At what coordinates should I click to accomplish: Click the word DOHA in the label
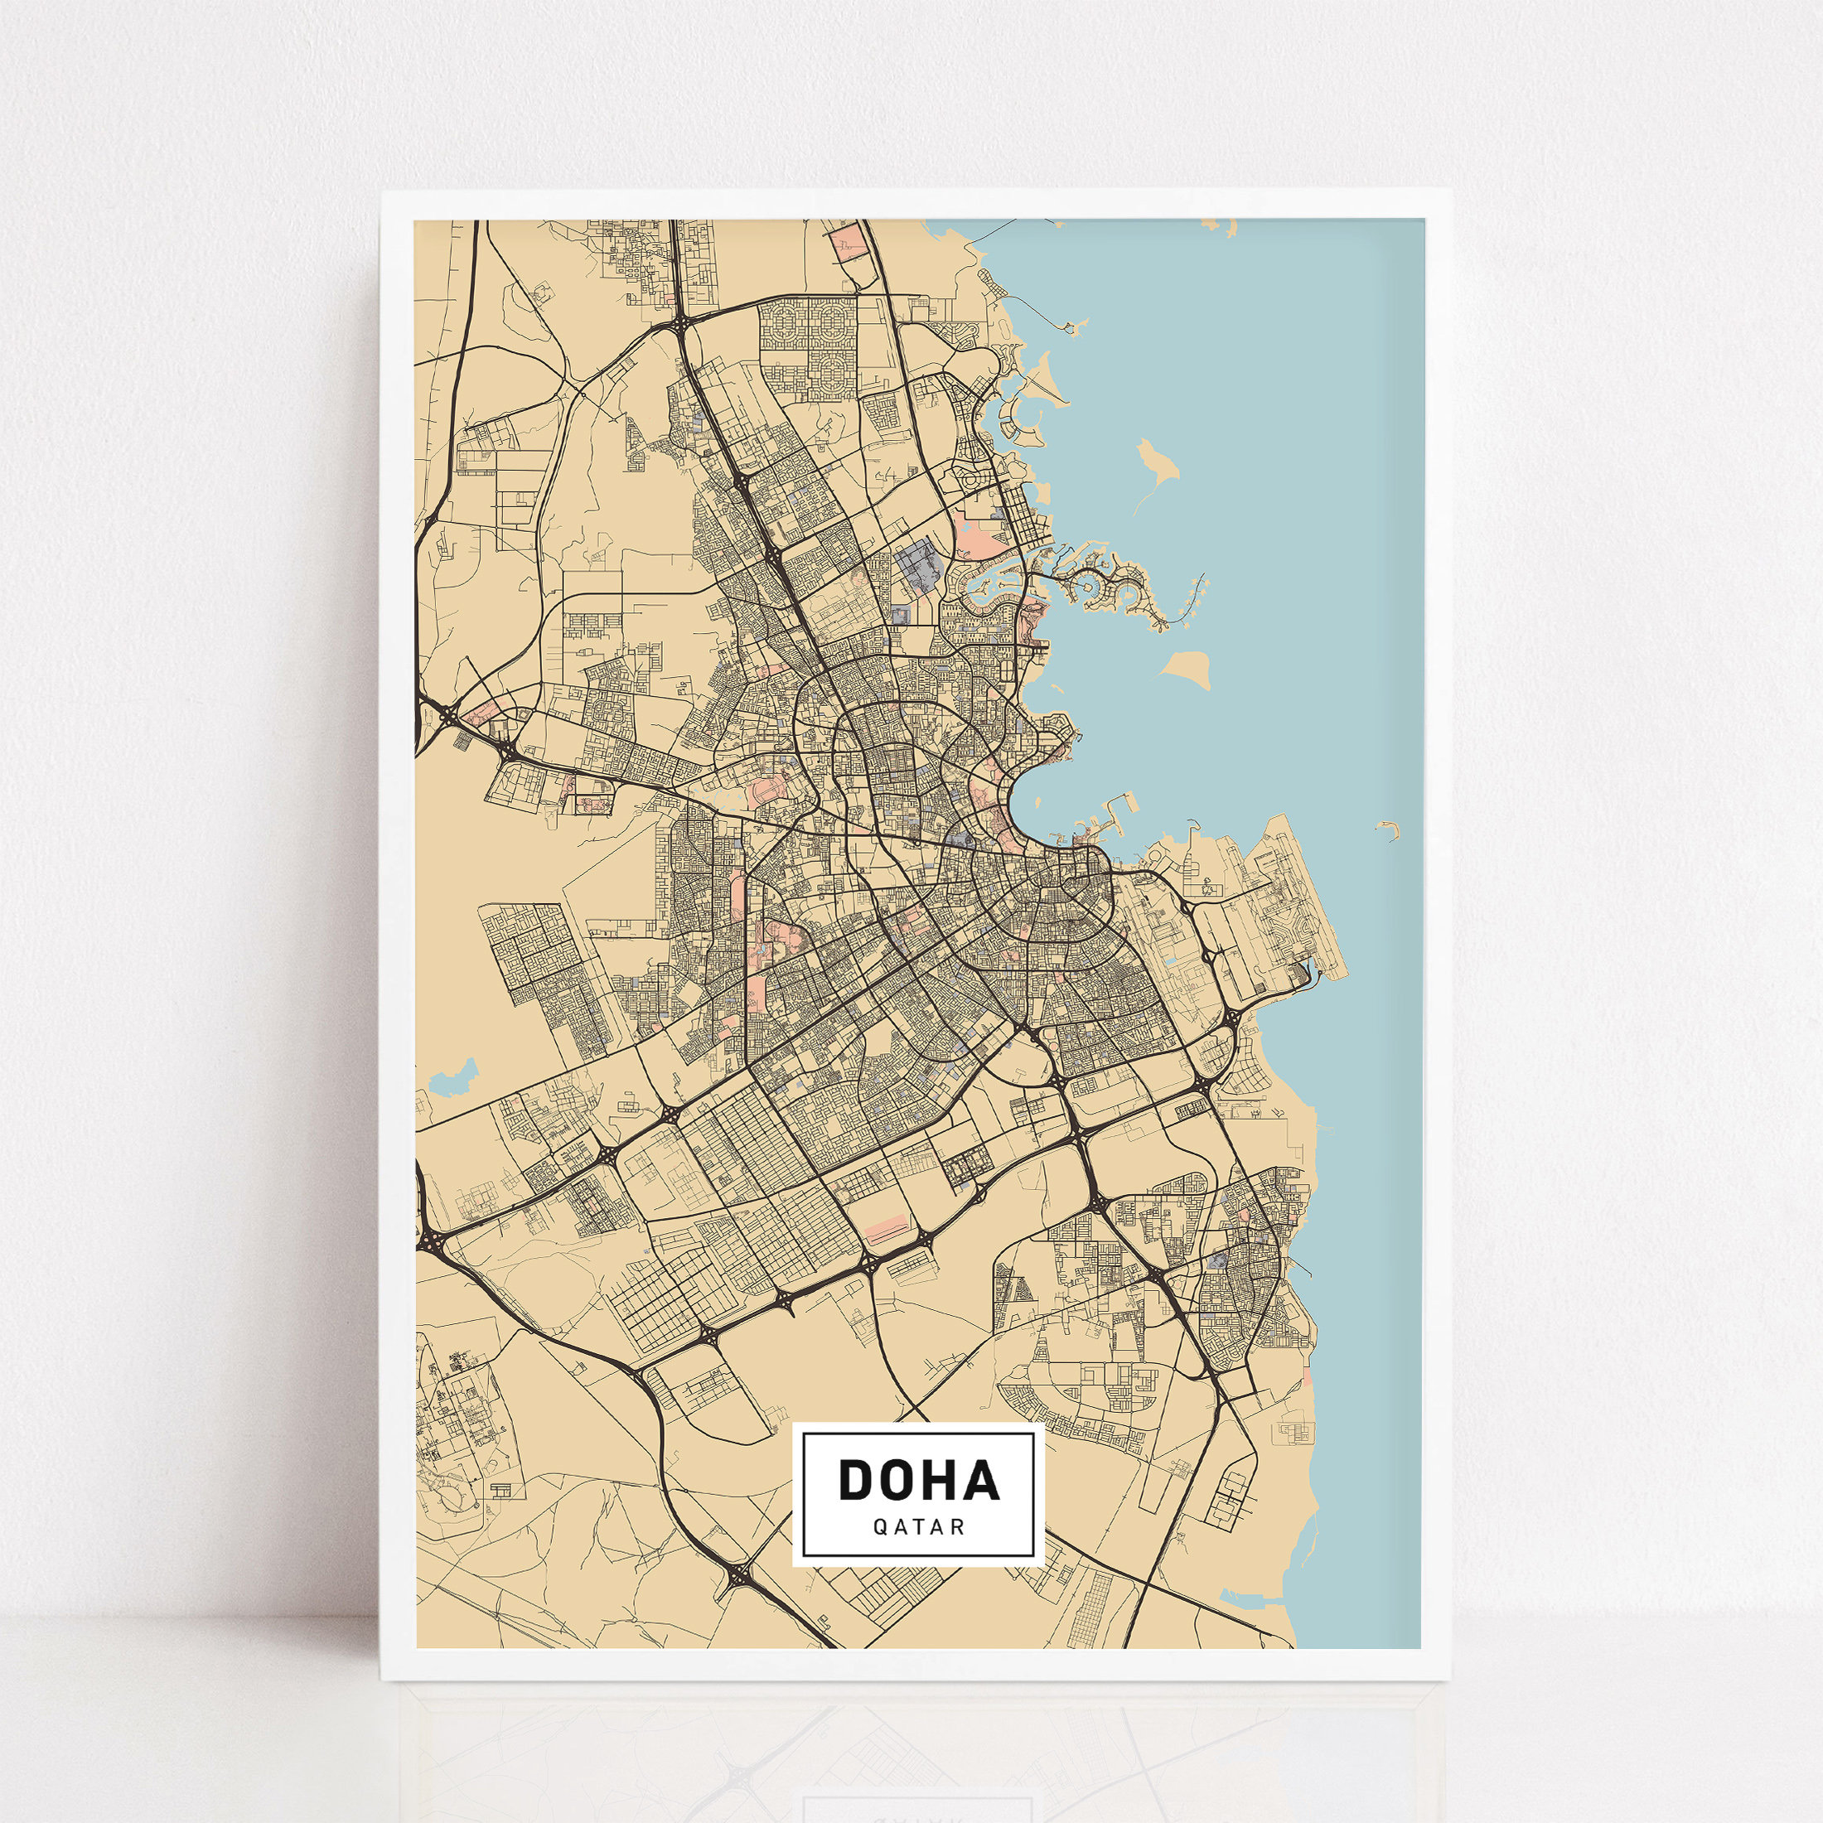point(918,1480)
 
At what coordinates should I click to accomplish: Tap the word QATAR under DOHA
point(918,1529)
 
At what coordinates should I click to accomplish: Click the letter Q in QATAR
point(878,1529)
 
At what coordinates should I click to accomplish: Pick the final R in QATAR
point(959,1529)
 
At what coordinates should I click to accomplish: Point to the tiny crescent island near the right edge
point(1387,830)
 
